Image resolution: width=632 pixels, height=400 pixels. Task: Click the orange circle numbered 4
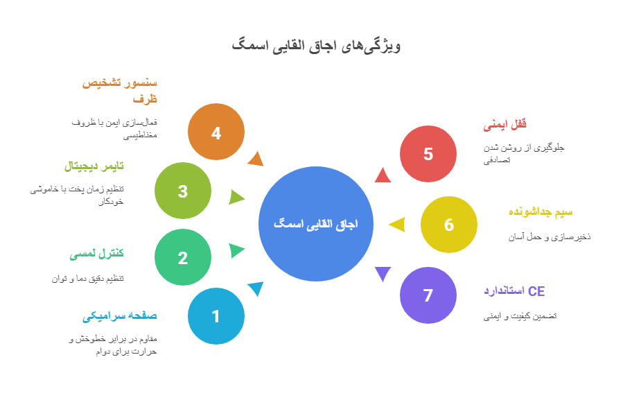coord(216,132)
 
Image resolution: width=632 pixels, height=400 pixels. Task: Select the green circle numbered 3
coord(183,191)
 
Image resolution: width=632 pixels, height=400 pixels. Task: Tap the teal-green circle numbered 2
coord(183,257)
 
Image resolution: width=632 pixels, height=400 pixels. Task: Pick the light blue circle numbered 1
coord(216,316)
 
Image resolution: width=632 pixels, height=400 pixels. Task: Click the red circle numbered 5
coord(428,154)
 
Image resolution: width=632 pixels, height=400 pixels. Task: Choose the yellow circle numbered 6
coord(449,225)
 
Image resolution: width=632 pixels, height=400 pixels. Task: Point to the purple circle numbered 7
coord(428,295)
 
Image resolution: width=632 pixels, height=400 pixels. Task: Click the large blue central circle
coord(316,224)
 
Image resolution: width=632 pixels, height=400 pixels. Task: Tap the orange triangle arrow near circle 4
coord(256,159)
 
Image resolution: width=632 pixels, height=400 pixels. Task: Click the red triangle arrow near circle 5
coord(383,176)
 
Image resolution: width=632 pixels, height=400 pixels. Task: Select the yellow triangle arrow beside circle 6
coord(398,225)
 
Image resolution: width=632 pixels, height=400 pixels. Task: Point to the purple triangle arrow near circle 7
coord(383,273)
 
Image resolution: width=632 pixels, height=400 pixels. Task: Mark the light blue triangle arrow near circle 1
coord(256,288)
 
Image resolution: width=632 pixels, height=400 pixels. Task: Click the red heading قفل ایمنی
coord(505,124)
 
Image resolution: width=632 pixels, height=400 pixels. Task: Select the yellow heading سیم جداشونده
coord(541,212)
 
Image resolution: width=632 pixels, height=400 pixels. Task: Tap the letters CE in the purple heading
coord(536,291)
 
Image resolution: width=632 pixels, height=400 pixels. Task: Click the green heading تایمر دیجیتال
coord(94,166)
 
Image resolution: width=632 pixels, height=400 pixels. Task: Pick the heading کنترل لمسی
coord(96,253)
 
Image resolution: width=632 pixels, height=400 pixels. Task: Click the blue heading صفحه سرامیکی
coord(120,315)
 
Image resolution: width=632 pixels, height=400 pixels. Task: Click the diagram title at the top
coord(317,46)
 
